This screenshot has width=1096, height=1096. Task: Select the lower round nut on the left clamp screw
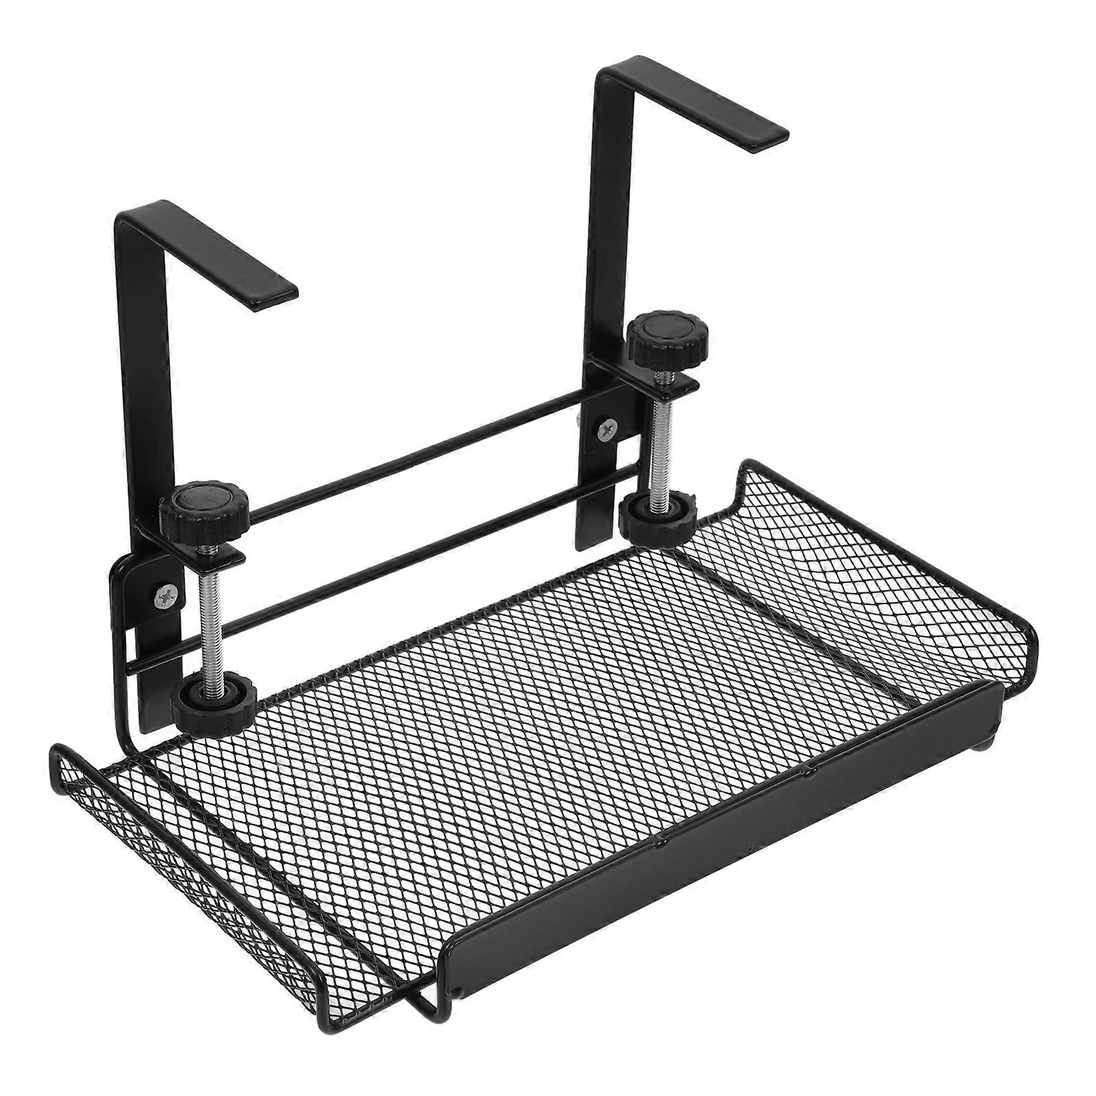tap(214, 701)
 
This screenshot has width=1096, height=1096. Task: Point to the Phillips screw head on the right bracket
tap(606, 429)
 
